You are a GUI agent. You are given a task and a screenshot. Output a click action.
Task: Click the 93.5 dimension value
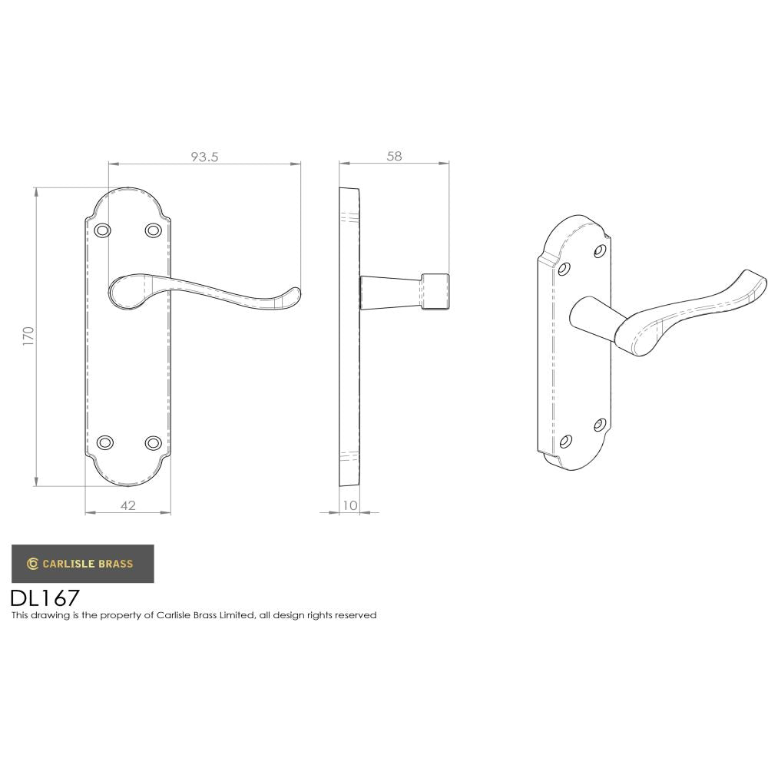tap(204, 157)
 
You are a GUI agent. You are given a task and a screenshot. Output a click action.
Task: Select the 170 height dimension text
tap(28, 336)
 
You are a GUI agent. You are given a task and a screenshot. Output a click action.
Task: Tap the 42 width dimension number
tap(127, 505)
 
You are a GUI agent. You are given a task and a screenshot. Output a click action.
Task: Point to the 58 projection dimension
tap(394, 156)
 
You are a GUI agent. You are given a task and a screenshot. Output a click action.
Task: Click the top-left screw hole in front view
tap(103, 230)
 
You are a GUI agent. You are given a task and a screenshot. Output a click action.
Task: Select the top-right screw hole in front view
tap(153, 230)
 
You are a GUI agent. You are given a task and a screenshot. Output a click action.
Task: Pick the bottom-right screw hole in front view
tap(153, 442)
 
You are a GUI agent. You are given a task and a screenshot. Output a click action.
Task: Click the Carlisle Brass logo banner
tap(82, 563)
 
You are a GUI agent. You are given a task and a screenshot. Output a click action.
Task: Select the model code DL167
tap(45, 598)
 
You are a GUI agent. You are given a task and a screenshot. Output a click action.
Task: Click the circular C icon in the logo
tap(32, 564)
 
